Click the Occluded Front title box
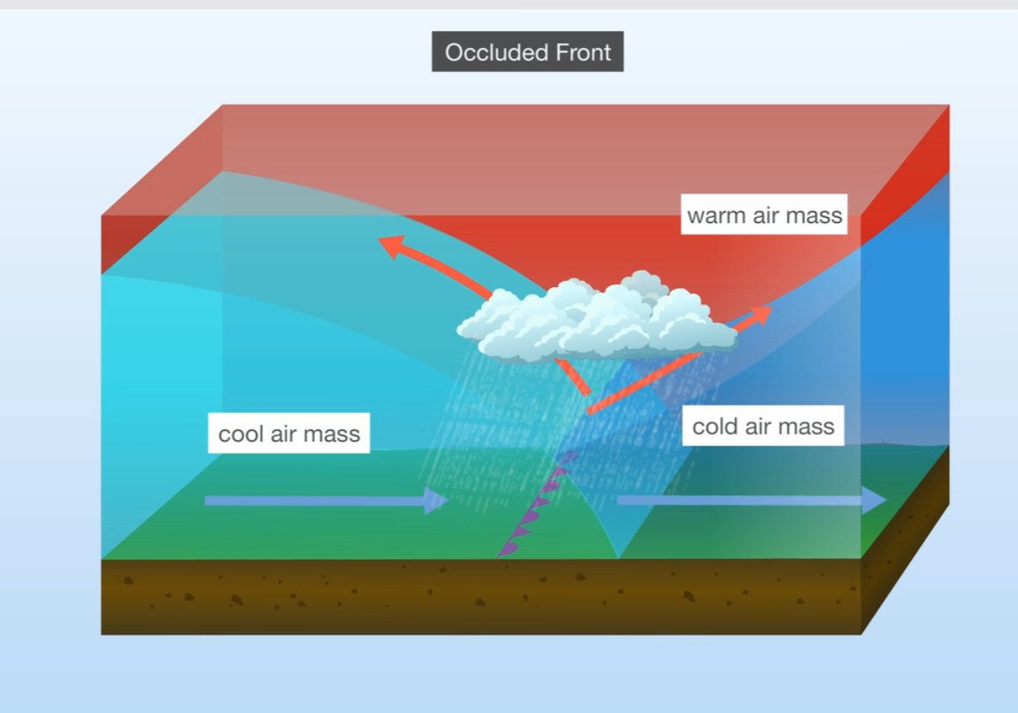[527, 52]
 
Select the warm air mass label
[764, 215]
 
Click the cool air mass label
[289, 434]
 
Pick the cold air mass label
[762, 426]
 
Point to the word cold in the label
[715, 426]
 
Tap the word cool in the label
[242, 434]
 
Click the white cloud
[596, 321]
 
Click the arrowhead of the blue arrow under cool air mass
[437, 500]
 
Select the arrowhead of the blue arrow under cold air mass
[875, 500]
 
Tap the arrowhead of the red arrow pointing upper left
[392, 246]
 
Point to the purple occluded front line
[536, 506]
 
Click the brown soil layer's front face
[480, 596]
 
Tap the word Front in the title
[584, 52]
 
